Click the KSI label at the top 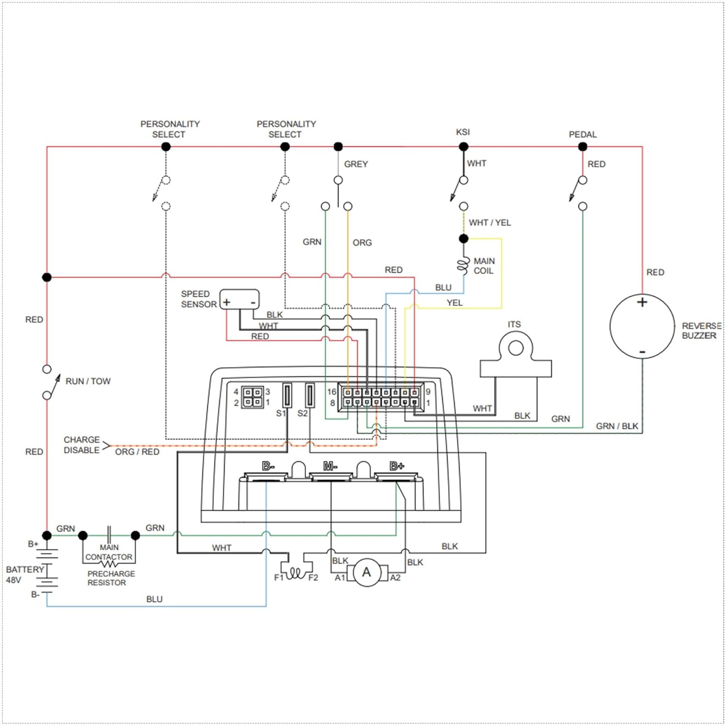tap(463, 132)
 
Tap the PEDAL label tap(583, 135)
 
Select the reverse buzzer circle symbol tap(642, 326)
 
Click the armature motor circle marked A tap(366, 573)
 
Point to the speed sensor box tap(239, 299)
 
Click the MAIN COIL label tap(484, 266)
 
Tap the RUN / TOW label tap(88, 381)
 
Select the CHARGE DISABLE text tap(81, 445)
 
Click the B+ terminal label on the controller tap(397, 466)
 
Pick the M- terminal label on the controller tap(330, 466)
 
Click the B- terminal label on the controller tap(268, 466)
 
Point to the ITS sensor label tap(514, 324)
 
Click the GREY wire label tap(356, 165)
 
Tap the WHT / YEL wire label tap(490, 223)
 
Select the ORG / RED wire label tap(137, 452)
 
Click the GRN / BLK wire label tap(617, 426)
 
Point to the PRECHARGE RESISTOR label tap(111, 578)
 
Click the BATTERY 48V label tap(24, 575)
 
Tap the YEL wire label tap(454, 303)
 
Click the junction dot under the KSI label tap(463, 147)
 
